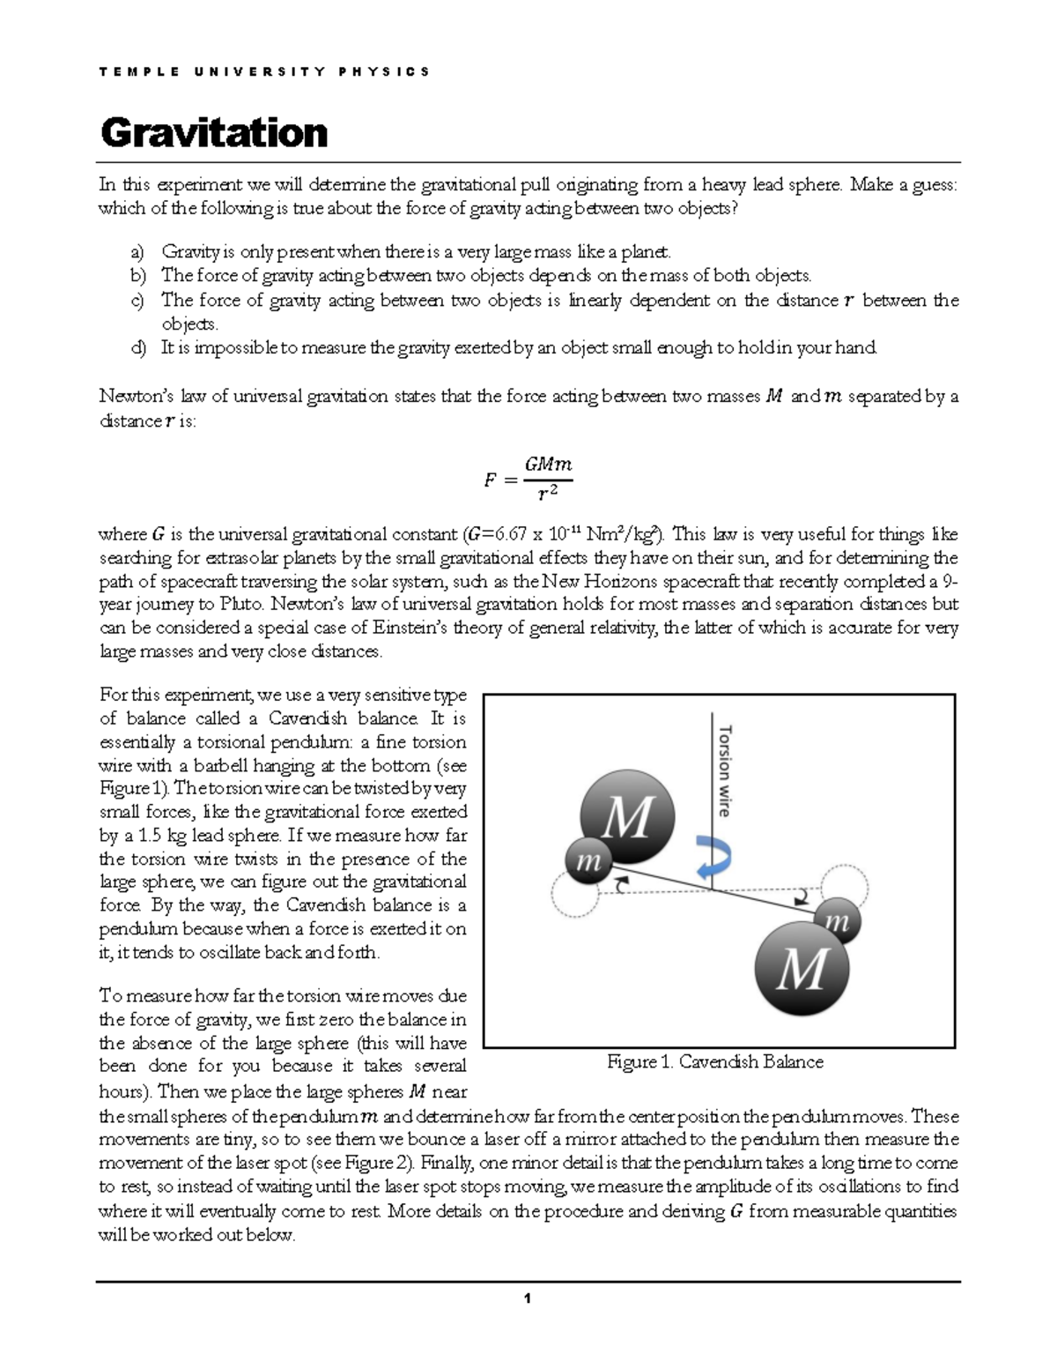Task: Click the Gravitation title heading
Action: [214, 133]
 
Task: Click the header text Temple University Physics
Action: [264, 71]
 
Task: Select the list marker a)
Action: [138, 252]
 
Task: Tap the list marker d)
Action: [138, 347]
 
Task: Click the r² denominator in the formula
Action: [548, 494]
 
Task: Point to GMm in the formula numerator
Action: [548, 465]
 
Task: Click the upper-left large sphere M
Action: [627, 816]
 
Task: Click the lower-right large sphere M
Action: [802, 969]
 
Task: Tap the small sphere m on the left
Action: [588, 861]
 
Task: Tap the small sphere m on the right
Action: [836, 922]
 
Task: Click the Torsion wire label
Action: [725, 770]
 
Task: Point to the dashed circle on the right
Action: [844, 886]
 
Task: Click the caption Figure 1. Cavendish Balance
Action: [714, 1062]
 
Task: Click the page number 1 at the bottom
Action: [527, 1298]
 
